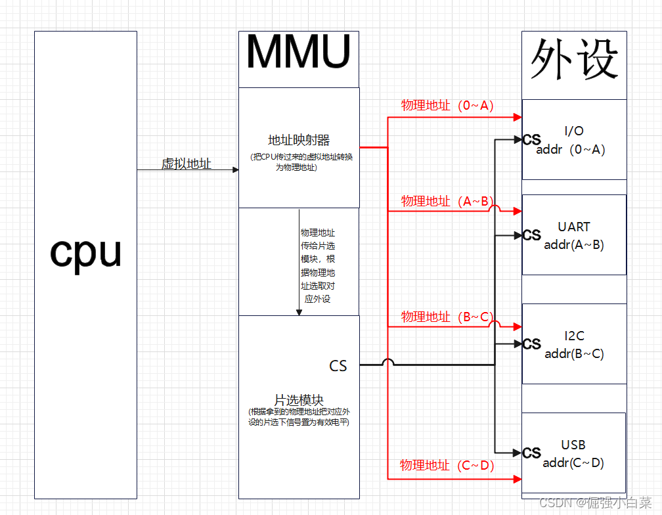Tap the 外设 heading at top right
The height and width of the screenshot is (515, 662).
(x=574, y=60)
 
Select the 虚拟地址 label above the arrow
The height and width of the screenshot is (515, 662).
(x=187, y=164)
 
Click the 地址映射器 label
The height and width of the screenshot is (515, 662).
(x=299, y=140)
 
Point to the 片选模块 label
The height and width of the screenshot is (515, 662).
(x=299, y=400)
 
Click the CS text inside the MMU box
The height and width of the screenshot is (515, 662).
(x=338, y=366)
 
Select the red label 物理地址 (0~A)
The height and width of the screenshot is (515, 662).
(x=447, y=106)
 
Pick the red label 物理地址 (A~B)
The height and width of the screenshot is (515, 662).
(x=447, y=201)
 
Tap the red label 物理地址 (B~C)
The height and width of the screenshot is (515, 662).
(x=447, y=317)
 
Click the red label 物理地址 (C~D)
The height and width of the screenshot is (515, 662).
(x=447, y=465)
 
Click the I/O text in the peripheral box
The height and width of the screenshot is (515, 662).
(x=574, y=131)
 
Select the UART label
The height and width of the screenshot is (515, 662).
(x=574, y=227)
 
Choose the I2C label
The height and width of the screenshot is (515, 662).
(x=574, y=336)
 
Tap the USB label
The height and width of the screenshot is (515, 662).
(x=573, y=445)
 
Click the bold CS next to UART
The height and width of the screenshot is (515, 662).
(x=532, y=235)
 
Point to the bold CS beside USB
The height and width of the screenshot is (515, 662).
(x=532, y=453)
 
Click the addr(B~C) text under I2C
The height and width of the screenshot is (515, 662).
(x=574, y=354)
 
